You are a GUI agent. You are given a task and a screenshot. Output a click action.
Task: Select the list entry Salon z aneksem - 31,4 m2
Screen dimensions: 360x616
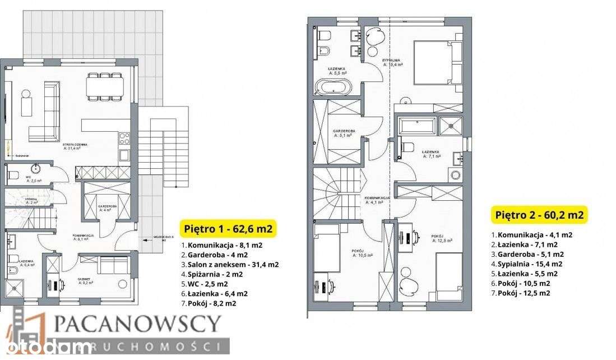pos(229,264)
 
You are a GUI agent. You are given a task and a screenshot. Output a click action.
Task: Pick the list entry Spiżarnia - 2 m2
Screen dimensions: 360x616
pos(211,274)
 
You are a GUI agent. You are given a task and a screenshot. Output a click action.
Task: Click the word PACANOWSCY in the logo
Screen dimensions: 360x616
pos(138,324)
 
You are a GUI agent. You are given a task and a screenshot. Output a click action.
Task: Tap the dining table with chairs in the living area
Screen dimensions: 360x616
pos(105,86)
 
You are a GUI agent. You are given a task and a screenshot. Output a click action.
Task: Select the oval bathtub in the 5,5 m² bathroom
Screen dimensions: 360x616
pos(332,88)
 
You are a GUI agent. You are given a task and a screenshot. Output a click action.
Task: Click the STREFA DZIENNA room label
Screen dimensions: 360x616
pos(73,145)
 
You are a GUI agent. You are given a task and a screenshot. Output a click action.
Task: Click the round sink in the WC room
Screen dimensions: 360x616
pos(38,168)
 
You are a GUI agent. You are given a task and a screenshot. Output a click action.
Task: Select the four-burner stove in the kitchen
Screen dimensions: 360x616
pos(124,139)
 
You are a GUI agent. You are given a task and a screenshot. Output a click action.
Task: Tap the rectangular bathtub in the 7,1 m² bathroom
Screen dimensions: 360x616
pos(416,126)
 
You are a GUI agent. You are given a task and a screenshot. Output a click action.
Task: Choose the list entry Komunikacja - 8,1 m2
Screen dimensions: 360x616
pos(221,245)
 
